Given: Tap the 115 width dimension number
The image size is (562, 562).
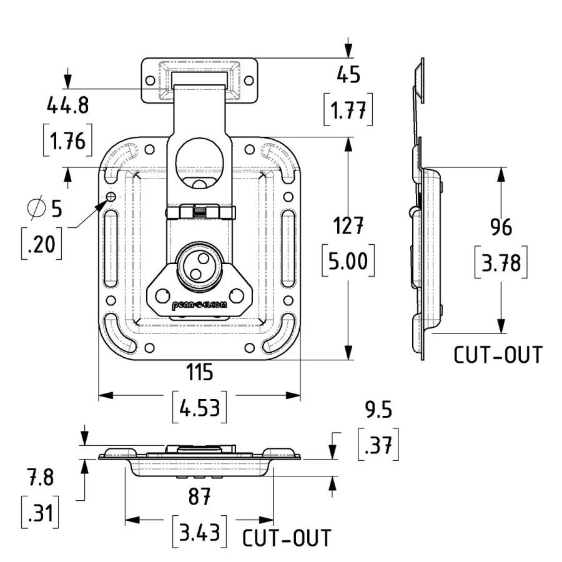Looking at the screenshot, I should click(x=199, y=373).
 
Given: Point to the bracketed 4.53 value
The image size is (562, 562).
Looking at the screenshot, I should click(x=199, y=410).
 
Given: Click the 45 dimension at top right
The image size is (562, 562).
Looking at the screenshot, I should click(x=348, y=75).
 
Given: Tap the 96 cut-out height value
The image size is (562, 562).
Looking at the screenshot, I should click(x=500, y=227).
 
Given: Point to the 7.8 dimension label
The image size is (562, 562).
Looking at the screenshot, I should click(x=41, y=478).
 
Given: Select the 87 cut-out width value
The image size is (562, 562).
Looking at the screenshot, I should click(x=199, y=498).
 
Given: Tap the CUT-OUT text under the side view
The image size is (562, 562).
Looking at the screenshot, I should click(x=498, y=355).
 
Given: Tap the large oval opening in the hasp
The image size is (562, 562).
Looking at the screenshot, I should click(x=199, y=160).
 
